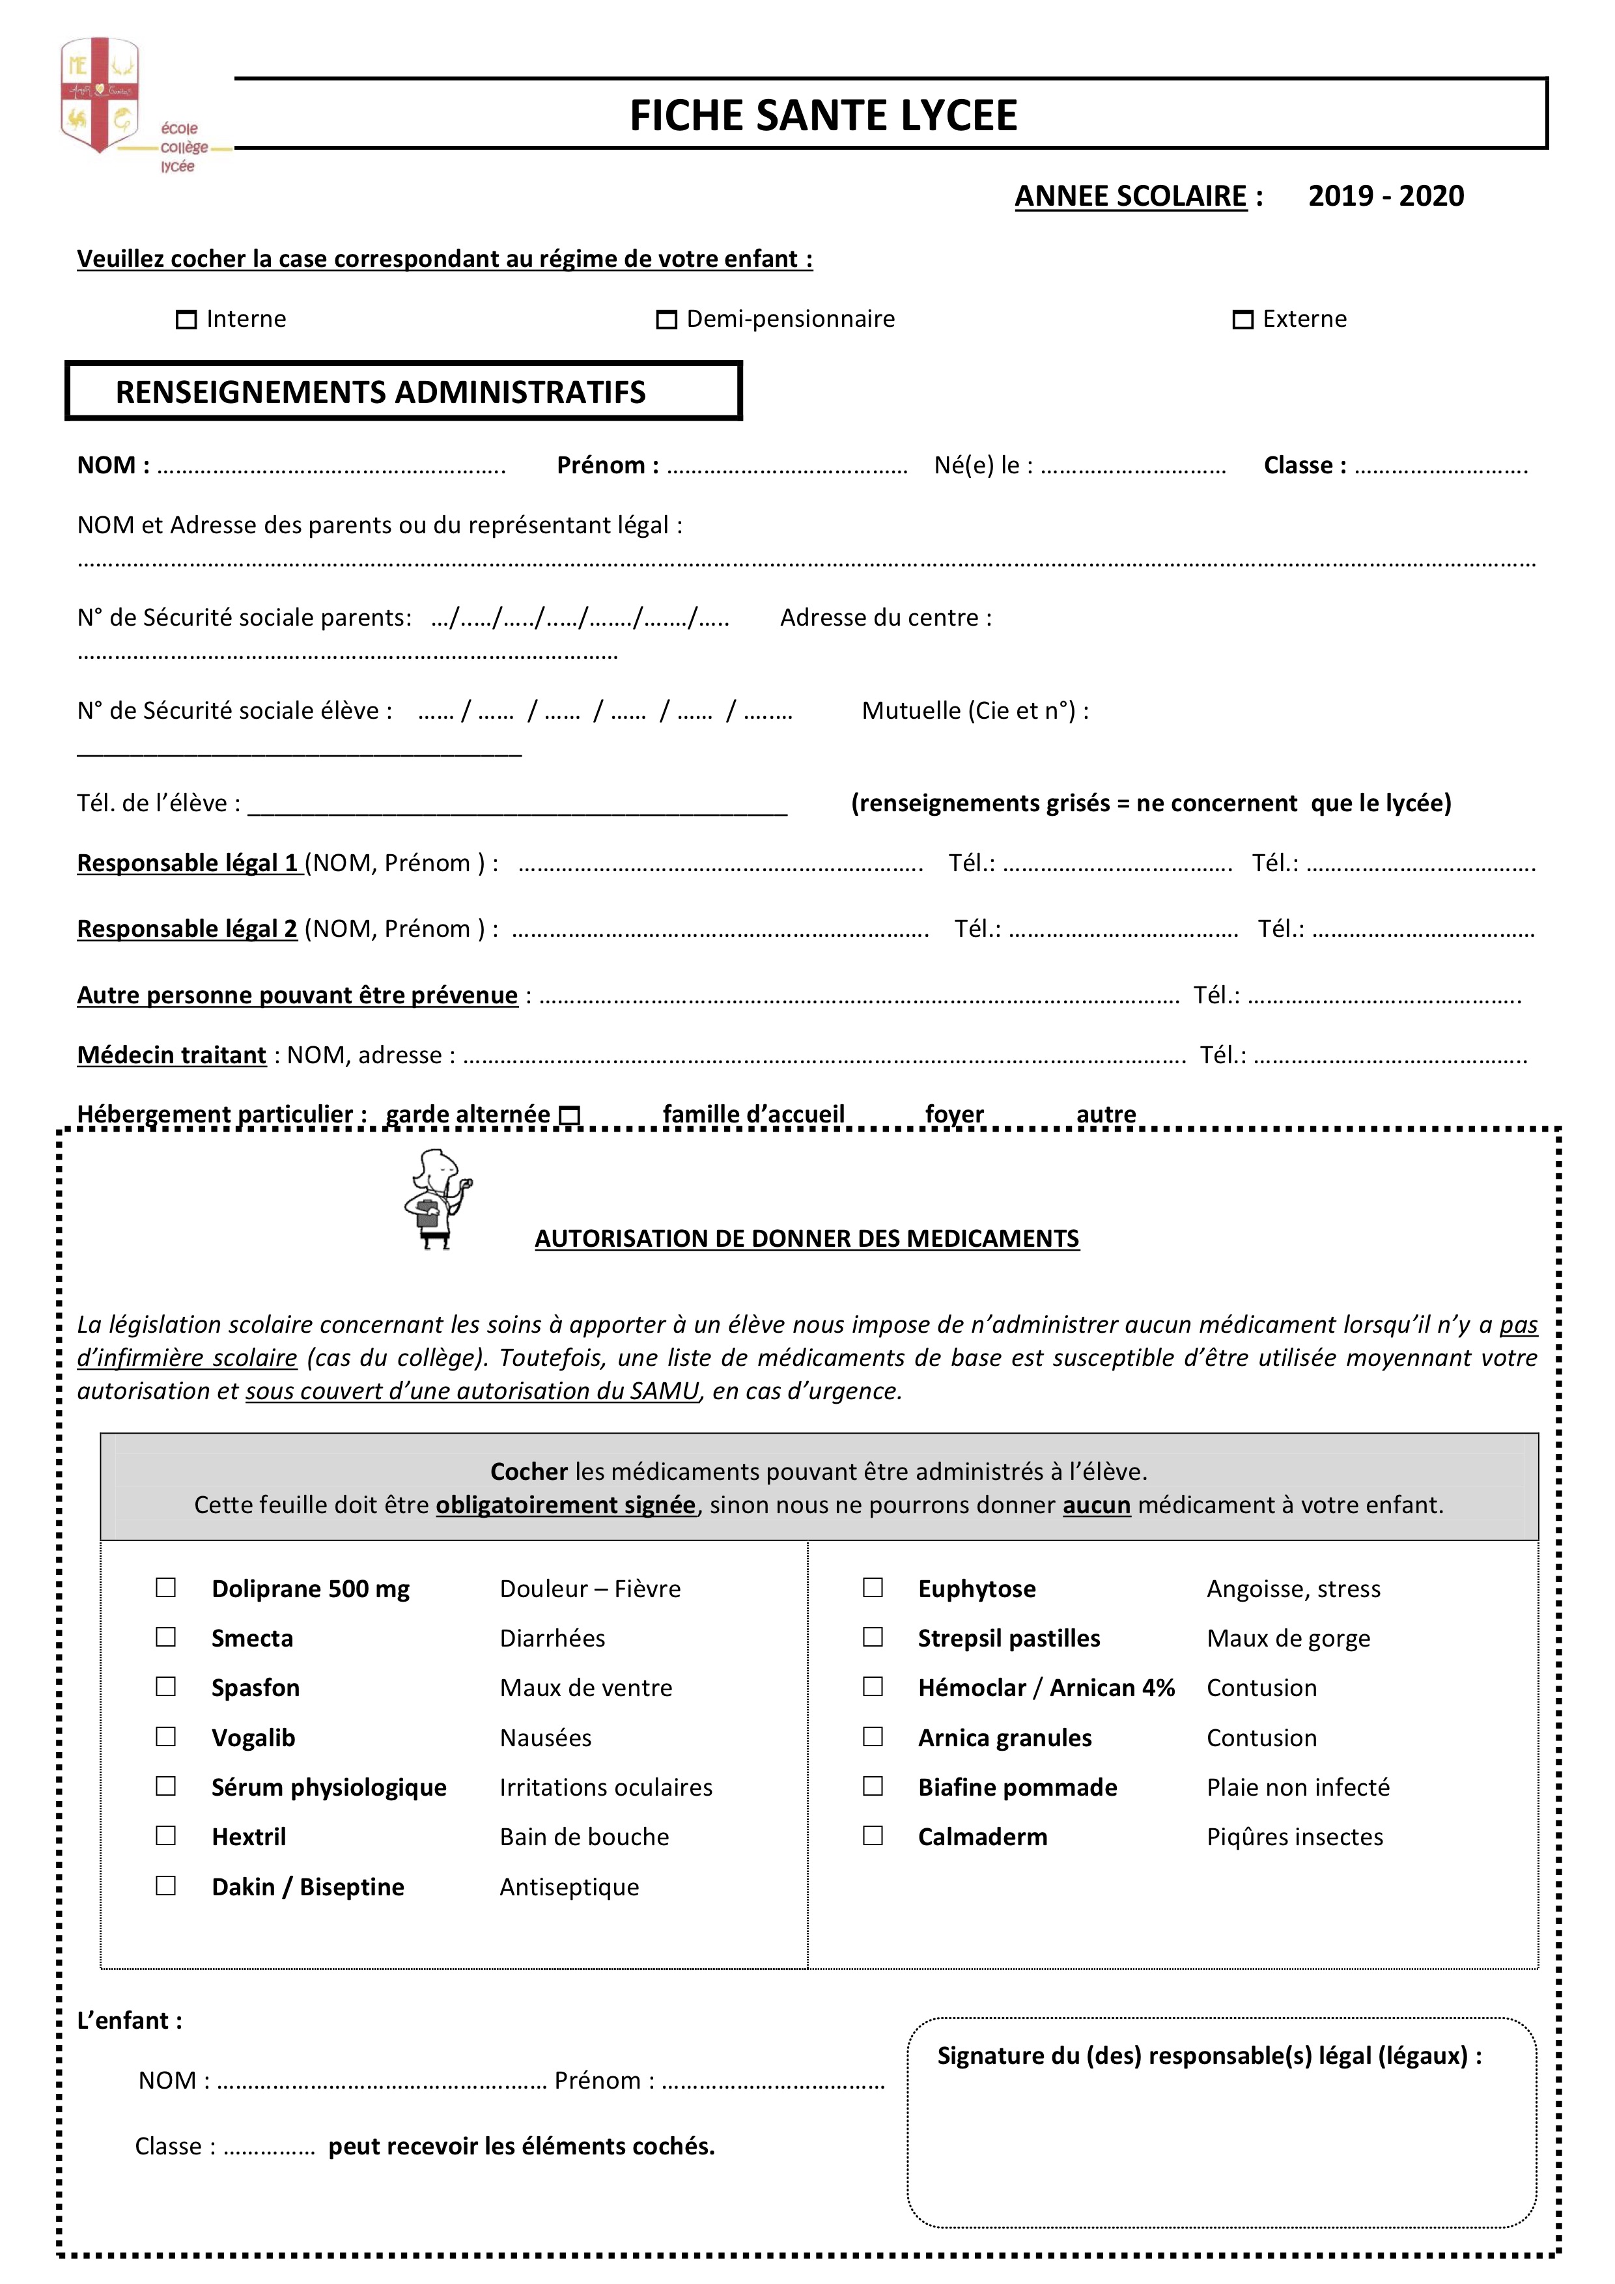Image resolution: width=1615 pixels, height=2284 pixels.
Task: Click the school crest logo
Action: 100,96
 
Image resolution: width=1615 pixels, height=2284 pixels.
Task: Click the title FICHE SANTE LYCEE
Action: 823,115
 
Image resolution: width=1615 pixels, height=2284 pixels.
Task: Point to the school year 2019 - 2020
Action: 1385,196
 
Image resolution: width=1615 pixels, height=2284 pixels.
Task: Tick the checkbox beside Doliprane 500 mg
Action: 166,1587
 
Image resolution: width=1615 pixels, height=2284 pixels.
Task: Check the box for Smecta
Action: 166,1637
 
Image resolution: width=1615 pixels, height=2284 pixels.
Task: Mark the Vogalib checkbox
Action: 166,1737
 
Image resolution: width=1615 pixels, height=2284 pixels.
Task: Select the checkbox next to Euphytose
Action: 873,1587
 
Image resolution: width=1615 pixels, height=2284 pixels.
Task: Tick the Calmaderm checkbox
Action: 873,1835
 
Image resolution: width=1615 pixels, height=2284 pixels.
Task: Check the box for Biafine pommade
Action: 873,1787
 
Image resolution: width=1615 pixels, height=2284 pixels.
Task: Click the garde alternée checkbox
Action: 569,1116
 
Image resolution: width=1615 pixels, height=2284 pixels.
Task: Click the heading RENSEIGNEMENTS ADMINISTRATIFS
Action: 380,392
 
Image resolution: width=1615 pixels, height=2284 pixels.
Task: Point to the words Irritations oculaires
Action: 606,1788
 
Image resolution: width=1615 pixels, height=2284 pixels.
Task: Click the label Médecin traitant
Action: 171,1055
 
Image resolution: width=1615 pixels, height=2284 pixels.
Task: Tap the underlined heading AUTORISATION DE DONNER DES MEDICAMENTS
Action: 807,1238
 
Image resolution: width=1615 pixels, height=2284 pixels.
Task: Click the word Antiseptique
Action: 569,1887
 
